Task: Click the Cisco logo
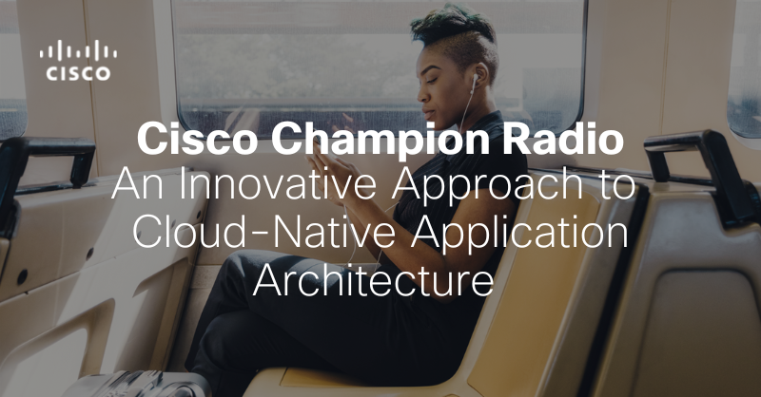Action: pos(78,60)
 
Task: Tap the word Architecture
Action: pos(373,280)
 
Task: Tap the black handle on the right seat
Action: pos(699,165)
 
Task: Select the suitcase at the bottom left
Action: pos(138,385)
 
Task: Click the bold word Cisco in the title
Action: pos(196,139)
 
